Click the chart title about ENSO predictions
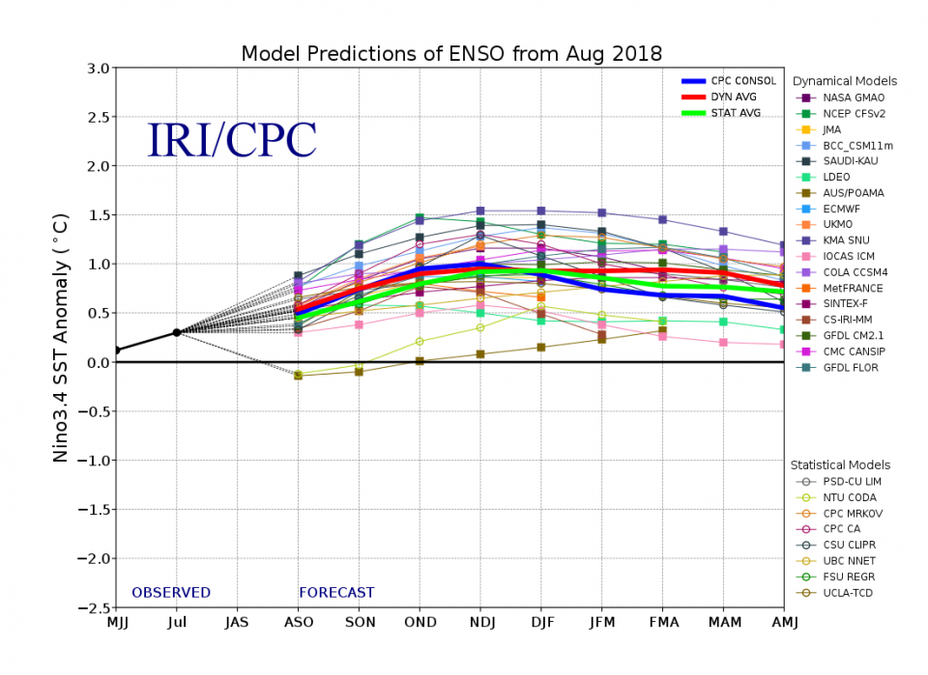coord(451,53)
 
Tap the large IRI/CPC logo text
coord(232,140)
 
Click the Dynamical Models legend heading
coord(844,81)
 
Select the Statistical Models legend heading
coord(840,464)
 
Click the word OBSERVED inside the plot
coord(171,593)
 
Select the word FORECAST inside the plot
coord(336,593)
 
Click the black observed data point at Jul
coord(177,332)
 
